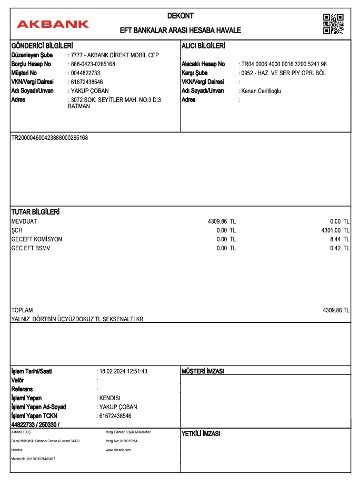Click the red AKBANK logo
coord(53,24)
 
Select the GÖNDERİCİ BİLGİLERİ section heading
coord(42,46)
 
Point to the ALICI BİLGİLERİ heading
coord(203,46)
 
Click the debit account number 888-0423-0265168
coord(93,64)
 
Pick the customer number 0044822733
coord(85,73)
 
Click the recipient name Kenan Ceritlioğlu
coord(262,91)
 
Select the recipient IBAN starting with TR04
coord(284,64)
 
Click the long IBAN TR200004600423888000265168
coord(49,138)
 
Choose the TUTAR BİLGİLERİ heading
coord(35,212)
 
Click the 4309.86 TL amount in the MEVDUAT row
coord(222,221)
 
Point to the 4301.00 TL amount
coord(335,230)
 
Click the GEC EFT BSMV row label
coord(31,248)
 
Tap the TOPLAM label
coord(22,310)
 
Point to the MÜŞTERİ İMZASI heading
coord(203,371)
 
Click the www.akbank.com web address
coord(118,450)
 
